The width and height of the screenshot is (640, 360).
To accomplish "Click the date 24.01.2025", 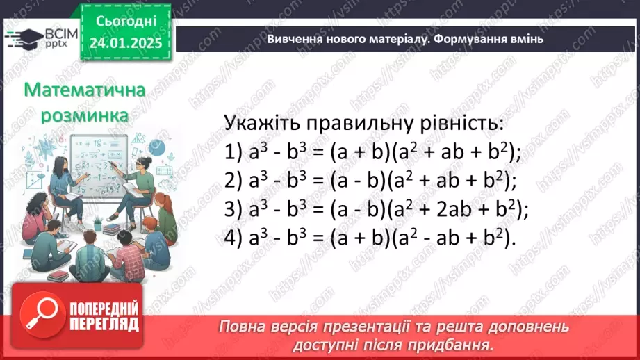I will (125, 43).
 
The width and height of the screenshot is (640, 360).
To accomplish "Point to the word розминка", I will (84, 115).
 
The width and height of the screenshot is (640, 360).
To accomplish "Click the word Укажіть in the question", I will (260, 123).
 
